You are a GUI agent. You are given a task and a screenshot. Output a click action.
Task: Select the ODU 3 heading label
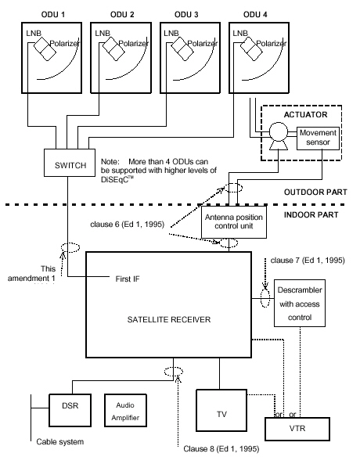[x=186, y=15]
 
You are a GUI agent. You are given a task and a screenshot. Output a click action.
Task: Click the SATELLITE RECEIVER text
[x=169, y=319]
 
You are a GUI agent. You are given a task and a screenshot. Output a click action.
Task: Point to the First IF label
[x=128, y=279]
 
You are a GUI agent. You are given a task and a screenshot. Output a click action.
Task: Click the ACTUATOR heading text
[x=305, y=114]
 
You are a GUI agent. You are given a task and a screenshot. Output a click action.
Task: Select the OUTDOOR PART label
[x=315, y=192]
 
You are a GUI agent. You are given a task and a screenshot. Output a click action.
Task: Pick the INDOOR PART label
[x=311, y=214]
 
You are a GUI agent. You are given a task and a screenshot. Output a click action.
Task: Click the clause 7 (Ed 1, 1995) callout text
[x=308, y=261]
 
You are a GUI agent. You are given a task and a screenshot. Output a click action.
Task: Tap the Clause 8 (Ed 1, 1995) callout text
[x=221, y=449]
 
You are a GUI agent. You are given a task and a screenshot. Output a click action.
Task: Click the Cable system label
[x=60, y=442]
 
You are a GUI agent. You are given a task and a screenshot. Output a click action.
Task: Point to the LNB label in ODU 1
[x=34, y=33]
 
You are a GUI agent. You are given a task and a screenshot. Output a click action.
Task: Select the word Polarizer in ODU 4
[x=272, y=44]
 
